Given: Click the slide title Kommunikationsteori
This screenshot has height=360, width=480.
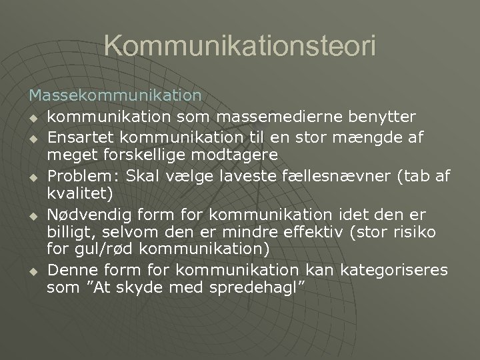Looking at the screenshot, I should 240,46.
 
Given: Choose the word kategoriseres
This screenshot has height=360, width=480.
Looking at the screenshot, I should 395,269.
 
